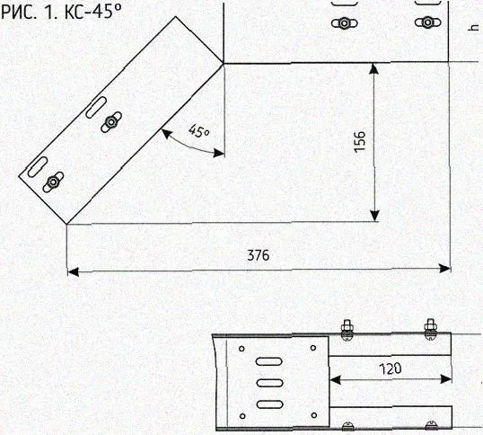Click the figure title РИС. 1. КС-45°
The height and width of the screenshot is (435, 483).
click(61, 12)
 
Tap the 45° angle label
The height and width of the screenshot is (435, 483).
click(198, 130)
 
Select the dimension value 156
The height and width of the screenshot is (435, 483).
click(359, 141)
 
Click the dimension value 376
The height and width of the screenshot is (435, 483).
click(259, 255)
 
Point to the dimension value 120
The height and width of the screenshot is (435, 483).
click(391, 368)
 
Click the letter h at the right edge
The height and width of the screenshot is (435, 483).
click(472, 28)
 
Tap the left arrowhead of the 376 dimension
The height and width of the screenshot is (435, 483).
click(73, 272)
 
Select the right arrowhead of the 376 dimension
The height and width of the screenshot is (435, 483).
click(444, 269)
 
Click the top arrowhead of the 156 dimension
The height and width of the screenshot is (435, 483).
click(373, 68)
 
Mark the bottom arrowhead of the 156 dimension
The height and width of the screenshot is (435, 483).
click(374, 216)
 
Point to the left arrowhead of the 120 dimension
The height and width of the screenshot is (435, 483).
click(335, 380)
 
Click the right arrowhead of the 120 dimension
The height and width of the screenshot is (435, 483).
click(446, 379)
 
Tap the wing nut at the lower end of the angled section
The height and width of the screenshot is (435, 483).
click(53, 182)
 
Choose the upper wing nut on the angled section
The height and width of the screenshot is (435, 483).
click(111, 122)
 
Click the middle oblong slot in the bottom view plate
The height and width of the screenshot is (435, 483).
click(269, 383)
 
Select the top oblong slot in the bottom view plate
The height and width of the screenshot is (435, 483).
click(269, 361)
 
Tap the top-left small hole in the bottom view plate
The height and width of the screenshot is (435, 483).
click(241, 349)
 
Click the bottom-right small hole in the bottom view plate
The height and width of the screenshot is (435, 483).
click(314, 415)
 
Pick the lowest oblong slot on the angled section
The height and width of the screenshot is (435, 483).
click(38, 167)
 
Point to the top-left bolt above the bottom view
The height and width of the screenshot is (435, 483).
click(347, 329)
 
